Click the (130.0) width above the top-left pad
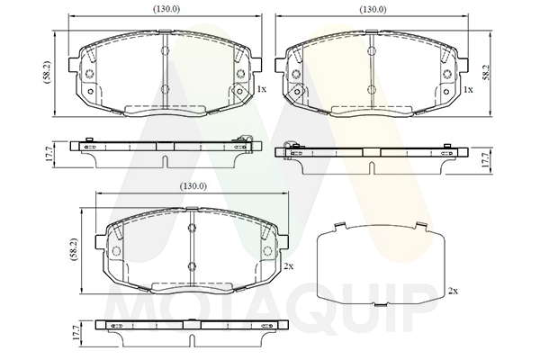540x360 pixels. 166,9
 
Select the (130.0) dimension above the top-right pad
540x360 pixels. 373,9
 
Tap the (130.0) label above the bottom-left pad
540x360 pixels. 193,186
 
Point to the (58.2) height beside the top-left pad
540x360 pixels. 47,72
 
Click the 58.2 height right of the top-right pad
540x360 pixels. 486,72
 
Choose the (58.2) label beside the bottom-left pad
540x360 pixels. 74,249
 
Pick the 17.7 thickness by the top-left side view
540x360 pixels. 49,154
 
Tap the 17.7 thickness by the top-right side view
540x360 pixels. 486,160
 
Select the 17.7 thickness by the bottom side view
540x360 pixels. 76,333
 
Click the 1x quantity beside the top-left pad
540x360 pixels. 262,89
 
